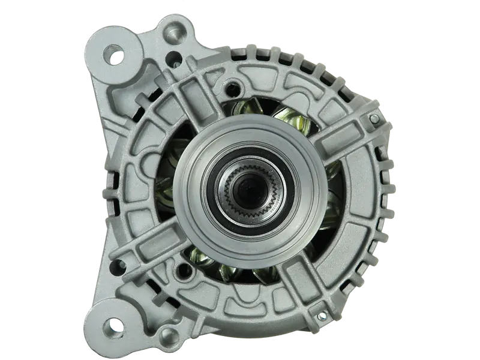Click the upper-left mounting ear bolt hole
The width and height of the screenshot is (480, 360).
pos(114,58)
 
